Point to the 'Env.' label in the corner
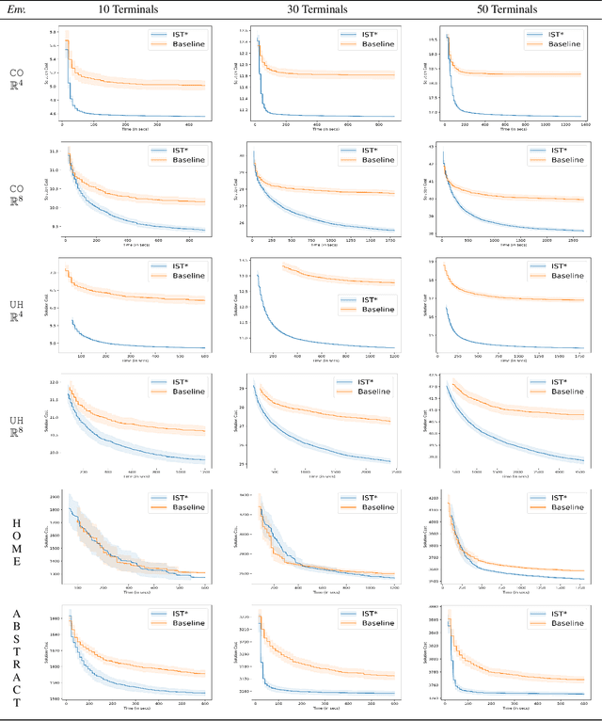click(16, 10)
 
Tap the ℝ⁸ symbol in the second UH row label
click(16, 433)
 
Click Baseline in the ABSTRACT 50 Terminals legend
click(564, 622)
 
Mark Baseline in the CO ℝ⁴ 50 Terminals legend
click(564, 44)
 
